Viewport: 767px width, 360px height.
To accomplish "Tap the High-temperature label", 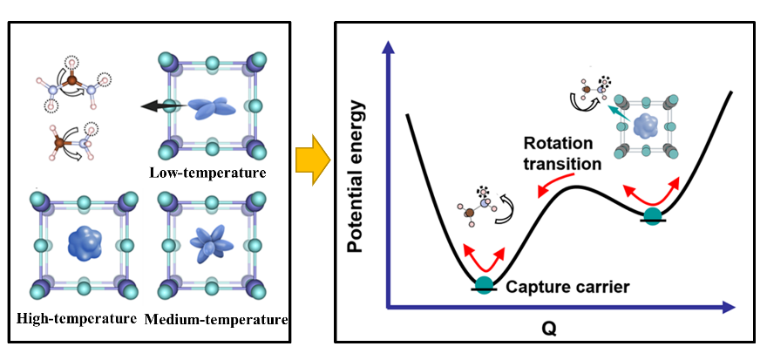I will pos(77,318).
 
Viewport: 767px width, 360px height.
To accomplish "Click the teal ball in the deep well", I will pos(485,284).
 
